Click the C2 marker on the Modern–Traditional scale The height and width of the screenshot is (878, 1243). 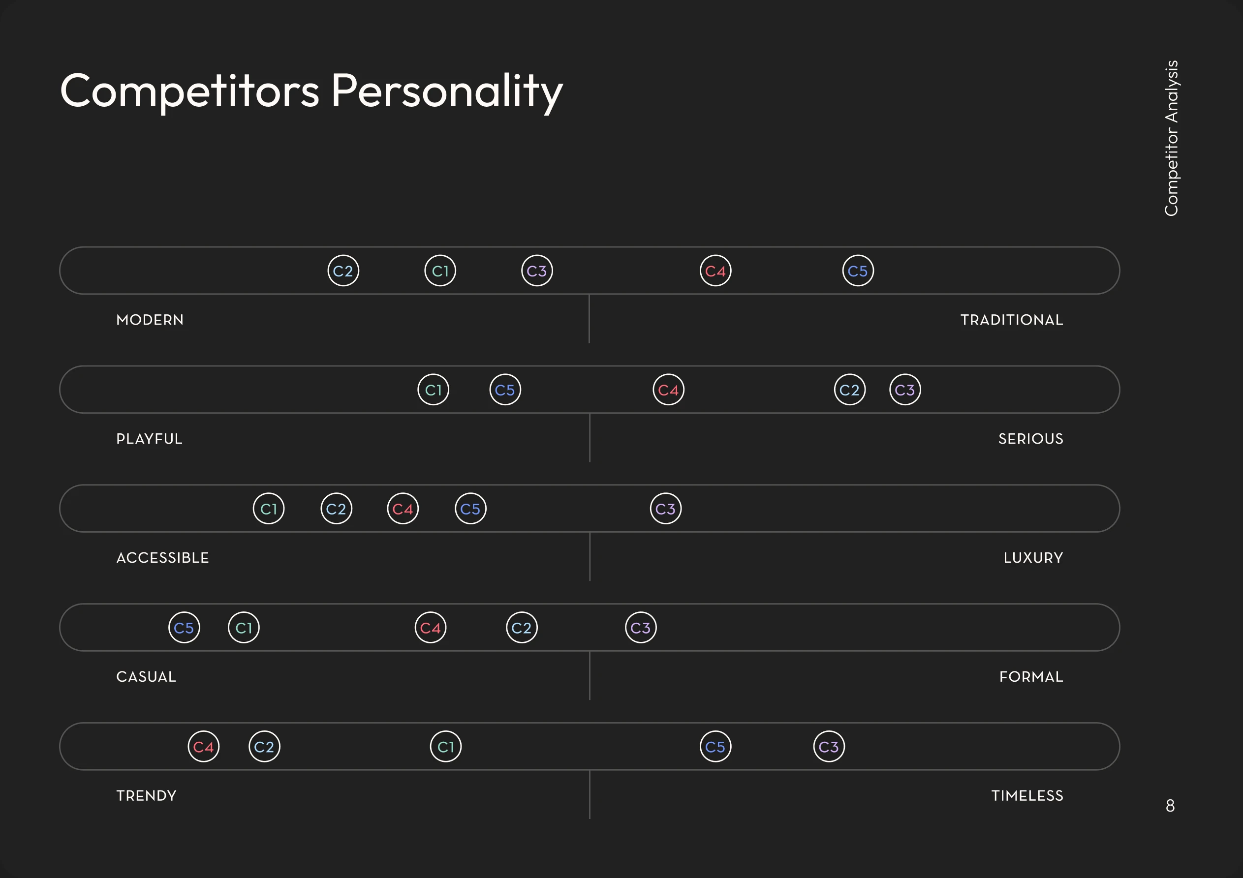[343, 271]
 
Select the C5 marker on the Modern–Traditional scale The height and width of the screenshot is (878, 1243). [858, 271]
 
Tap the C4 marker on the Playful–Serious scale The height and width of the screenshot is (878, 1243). [669, 390]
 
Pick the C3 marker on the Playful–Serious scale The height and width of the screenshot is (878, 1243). [905, 390]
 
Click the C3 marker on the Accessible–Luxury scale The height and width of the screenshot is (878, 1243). [666, 509]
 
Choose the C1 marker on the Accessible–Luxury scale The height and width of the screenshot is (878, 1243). [269, 509]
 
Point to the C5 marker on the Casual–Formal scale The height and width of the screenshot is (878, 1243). [184, 628]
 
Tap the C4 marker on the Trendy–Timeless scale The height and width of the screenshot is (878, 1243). [204, 747]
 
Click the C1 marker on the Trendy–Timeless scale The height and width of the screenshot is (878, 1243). [445, 747]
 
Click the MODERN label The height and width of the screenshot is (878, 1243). [150, 320]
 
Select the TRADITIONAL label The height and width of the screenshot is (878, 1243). [1012, 320]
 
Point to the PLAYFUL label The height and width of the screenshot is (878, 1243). [150, 439]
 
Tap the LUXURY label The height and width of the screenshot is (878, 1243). [1033, 558]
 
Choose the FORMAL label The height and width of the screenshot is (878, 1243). [1031, 677]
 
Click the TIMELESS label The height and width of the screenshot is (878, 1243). [1027, 796]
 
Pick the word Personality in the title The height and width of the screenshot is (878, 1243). [447, 91]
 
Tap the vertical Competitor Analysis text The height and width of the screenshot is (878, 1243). [1171, 138]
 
